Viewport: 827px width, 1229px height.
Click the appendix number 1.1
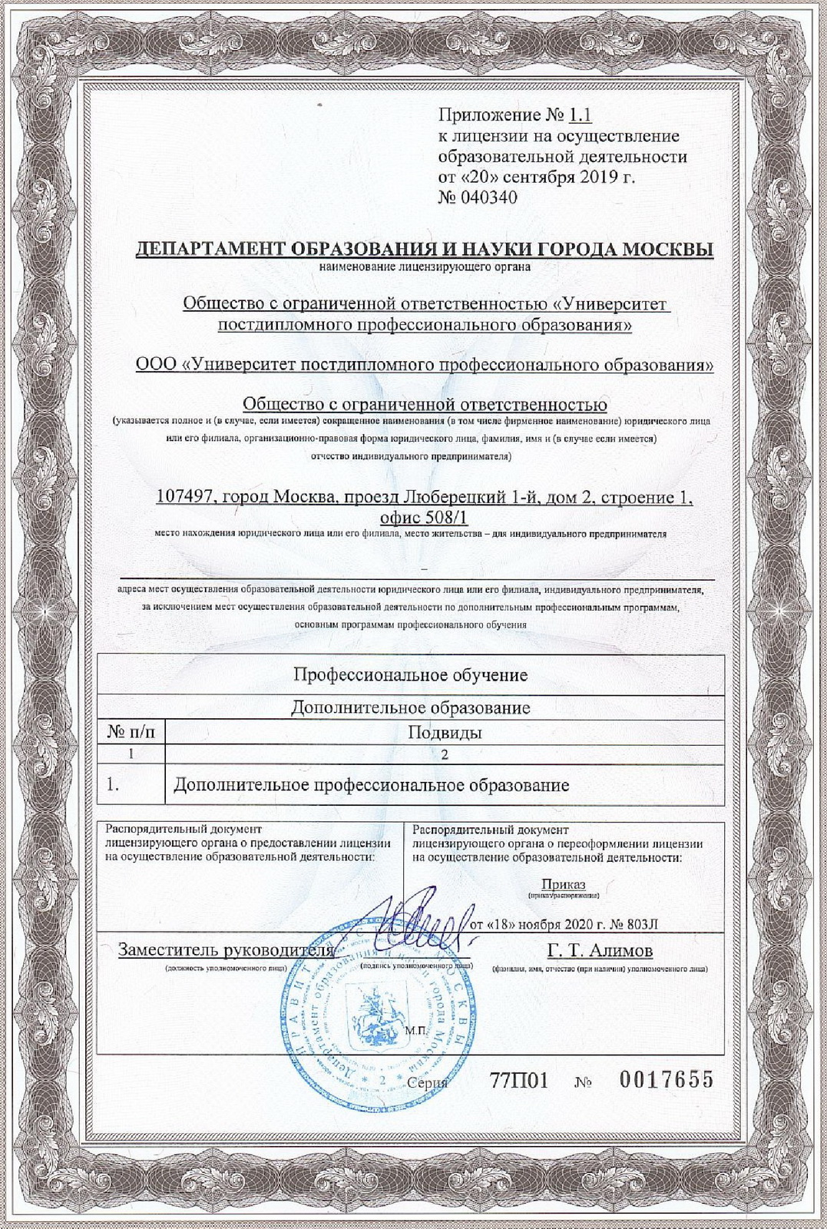pyautogui.click(x=581, y=116)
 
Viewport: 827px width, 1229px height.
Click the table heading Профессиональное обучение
pyautogui.click(x=411, y=675)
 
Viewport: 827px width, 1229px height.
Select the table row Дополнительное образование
pyautogui.click(x=411, y=707)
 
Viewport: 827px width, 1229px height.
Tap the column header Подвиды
pyautogui.click(x=445, y=732)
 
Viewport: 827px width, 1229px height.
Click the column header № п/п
pyautogui.click(x=131, y=732)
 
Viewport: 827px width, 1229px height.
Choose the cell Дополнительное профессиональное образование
pyautogui.click(x=372, y=785)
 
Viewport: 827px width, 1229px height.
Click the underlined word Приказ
pyautogui.click(x=563, y=884)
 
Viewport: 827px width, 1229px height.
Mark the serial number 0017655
pyautogui.click(x=666, y=1080)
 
